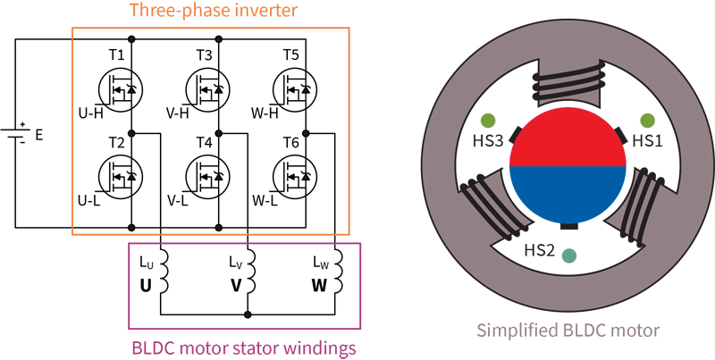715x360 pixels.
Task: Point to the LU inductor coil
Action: pos(161,272)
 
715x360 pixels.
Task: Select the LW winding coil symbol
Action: pos(336,272)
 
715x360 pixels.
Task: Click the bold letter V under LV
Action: pos(237,287)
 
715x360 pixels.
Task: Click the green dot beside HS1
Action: pos(643,120)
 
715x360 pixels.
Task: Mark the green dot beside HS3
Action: pos(488,120)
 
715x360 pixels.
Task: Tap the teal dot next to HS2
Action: pos(568,255)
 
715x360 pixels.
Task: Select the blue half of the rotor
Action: pos(566,192)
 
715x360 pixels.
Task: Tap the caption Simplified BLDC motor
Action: pos(568,331)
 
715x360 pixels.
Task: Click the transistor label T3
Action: pos(204,55)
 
